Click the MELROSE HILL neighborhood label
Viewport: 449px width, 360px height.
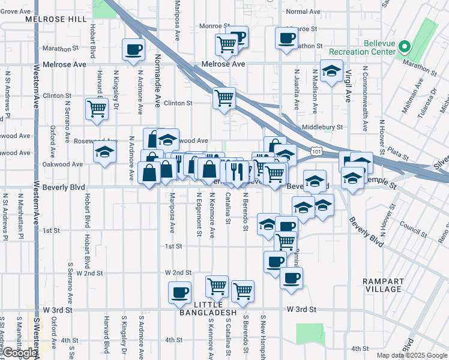56,19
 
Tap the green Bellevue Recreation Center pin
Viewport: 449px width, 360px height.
405,46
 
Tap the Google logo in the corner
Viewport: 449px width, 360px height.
19,353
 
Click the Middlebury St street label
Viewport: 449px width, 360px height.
322,127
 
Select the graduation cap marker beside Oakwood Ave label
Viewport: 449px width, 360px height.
104,152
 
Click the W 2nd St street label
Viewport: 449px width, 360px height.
179,272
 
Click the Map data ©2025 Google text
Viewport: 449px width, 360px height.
412,355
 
